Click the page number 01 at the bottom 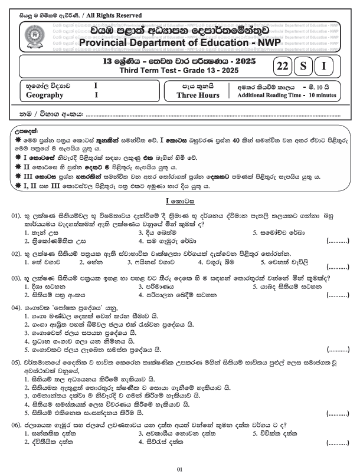[180, 469]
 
